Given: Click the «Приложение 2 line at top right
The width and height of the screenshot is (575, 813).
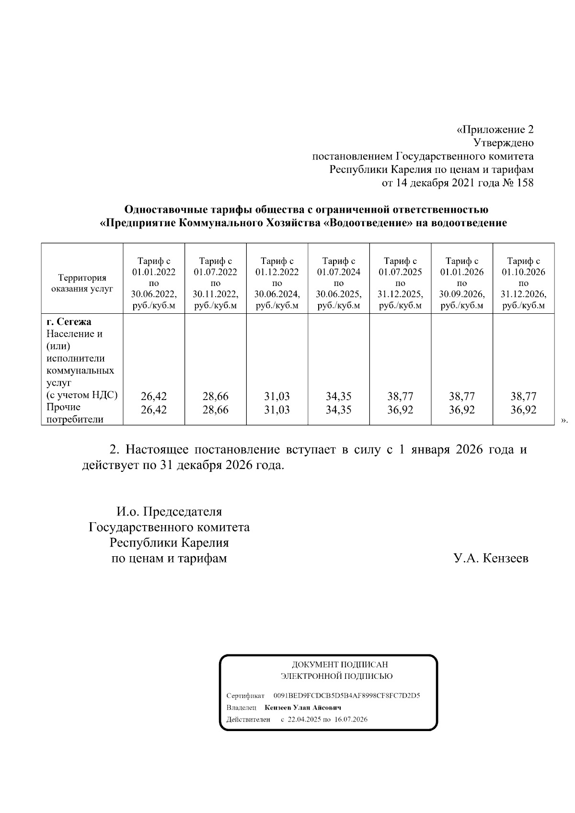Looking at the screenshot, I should (x=494, y=130).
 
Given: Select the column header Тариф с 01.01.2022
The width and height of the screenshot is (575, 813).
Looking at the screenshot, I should (x=154, y=283).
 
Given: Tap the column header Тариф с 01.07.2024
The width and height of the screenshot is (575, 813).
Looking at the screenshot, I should (x=339, y=283).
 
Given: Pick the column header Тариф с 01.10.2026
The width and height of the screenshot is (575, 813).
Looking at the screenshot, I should (x=524, y=283).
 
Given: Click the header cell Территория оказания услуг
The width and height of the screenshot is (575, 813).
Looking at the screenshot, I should (x=82, y=283).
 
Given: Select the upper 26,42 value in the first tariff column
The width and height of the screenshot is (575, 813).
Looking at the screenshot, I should (x=154, y=396).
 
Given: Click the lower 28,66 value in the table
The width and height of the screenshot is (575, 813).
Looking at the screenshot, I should (x=216, y=410).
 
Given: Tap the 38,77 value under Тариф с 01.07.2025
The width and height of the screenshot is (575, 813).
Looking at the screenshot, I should (x=400, y=396).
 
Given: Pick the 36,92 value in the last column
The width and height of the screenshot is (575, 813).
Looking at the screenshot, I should (x=524, y=410).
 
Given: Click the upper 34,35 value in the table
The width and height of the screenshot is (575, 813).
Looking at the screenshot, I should (x=339, y=396).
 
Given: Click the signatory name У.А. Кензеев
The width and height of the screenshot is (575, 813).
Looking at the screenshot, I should (x=491, y=558).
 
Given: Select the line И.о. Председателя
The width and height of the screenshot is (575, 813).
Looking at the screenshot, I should (x=170, y=512).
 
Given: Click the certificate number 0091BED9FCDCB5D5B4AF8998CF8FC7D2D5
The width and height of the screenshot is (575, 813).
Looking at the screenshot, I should (x=346, y=695).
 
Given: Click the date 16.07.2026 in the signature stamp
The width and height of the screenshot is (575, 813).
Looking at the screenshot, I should (x=351, y=720).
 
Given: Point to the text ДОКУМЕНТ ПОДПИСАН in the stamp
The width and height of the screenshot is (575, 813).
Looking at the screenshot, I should (x=340, y=664).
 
